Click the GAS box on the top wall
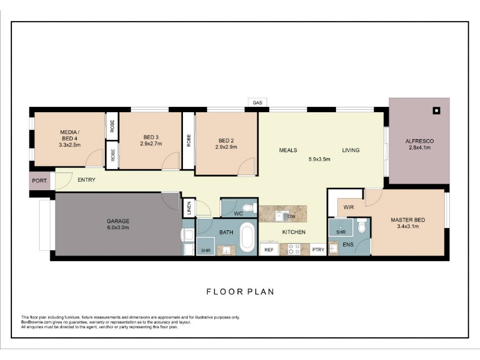coord(257,102)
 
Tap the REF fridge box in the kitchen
coord(269,249)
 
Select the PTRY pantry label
coord(319,250)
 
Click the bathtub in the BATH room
coord(247,237)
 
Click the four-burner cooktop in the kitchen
coord(295,249)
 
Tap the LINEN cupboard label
coord(189,208)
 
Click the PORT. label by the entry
coord(40,181)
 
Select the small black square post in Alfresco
coord(437,110)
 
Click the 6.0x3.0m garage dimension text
coord(118,227)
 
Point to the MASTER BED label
coord(408,220)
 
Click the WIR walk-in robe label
coord(349,207)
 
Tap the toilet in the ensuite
coord(362,226)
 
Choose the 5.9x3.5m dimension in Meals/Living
coord(319,159)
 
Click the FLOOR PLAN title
coord(241,292)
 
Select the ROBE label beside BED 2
coord(189,140)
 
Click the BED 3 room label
coord(151,137)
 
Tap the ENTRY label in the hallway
coord(86,179)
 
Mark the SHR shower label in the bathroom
coord(206,250)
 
